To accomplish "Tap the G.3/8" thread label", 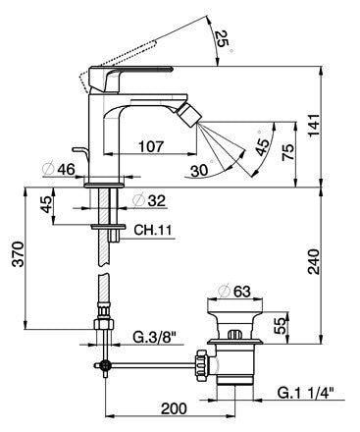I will [154, 337].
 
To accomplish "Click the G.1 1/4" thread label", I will [304, 393].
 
